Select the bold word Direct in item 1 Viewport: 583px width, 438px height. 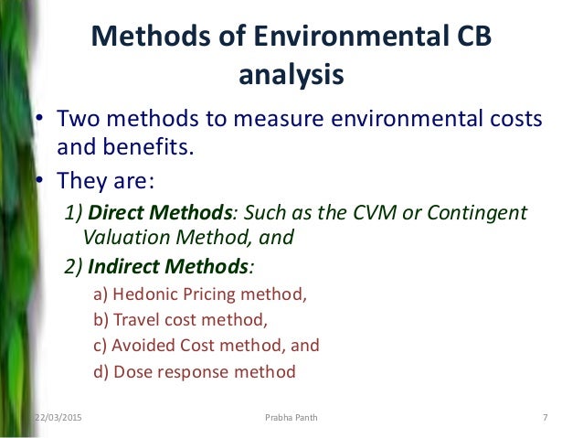(115, 213)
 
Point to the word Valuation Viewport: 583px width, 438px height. (124, 239)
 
